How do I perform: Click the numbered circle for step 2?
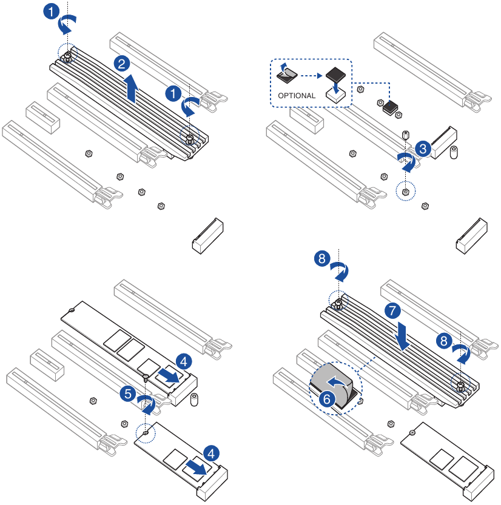121,64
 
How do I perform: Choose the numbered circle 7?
393,311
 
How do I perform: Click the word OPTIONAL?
297,96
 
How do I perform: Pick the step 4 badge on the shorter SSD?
211,453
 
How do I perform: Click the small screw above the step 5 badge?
146,378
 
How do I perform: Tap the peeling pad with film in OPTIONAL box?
286,74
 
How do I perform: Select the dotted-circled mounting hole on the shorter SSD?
145,433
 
